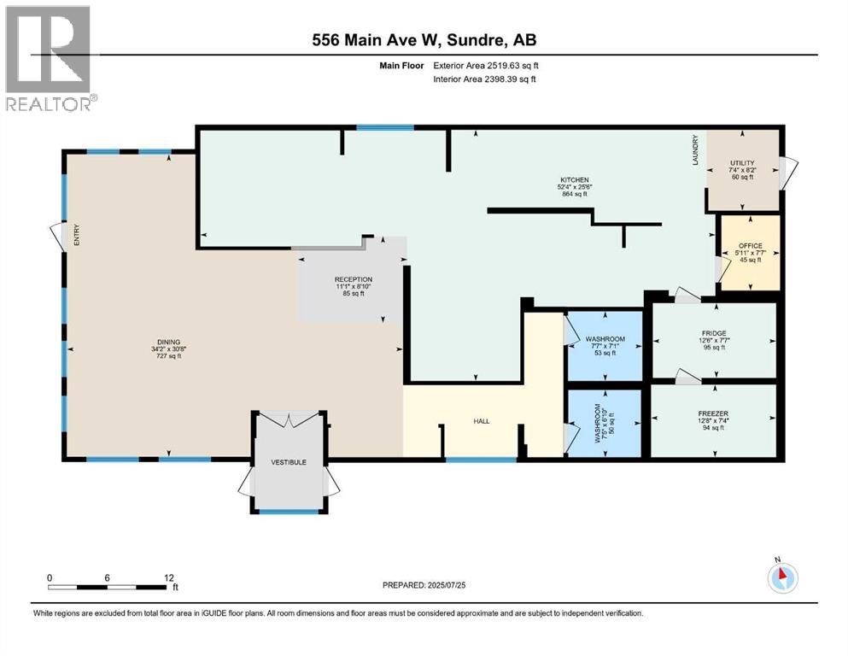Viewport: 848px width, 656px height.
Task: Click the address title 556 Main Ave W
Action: pyautogui.click(x=424, y=39)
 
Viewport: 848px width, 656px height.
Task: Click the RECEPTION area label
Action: pyautogui.click(x=353, y=278)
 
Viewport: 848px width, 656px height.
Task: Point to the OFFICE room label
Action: pyautogui.click(x=750, y=246)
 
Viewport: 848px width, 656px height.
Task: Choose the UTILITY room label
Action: pyautogui.click(x=741, y=161)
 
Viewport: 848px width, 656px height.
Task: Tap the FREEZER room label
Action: pyautogui.click(x=714, y=413)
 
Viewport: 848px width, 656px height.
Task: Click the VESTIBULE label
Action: pyautogui.click(x=289, y=462)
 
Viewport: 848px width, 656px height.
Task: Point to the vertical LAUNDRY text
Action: pyautogui.click(x=696, y=150)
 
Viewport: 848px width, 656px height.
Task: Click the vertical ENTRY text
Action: pyautogui.click(x=75, y=235)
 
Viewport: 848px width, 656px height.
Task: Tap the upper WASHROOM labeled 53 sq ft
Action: pyautogui.click(x=605, y=339)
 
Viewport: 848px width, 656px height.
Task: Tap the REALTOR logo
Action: pyautogui.click(x=49, y=59)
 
